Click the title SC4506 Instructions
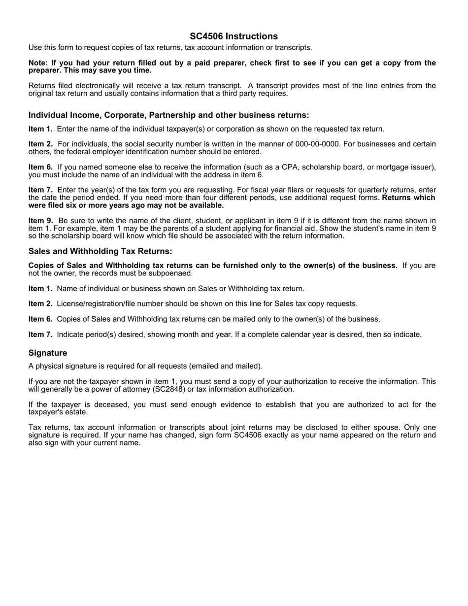click(x=234, y=36)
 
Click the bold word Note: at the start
click(x=38, y=63)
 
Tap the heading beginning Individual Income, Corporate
click(x=168, y=115)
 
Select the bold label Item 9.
click(x=40, y=221)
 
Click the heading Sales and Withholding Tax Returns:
click(x=100, y=252)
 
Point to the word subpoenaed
click(x=170, y=273)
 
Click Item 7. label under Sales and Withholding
click(x=40, y=335)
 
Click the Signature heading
click(x=48, y=353)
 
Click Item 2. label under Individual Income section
click(x=40, y=144)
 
